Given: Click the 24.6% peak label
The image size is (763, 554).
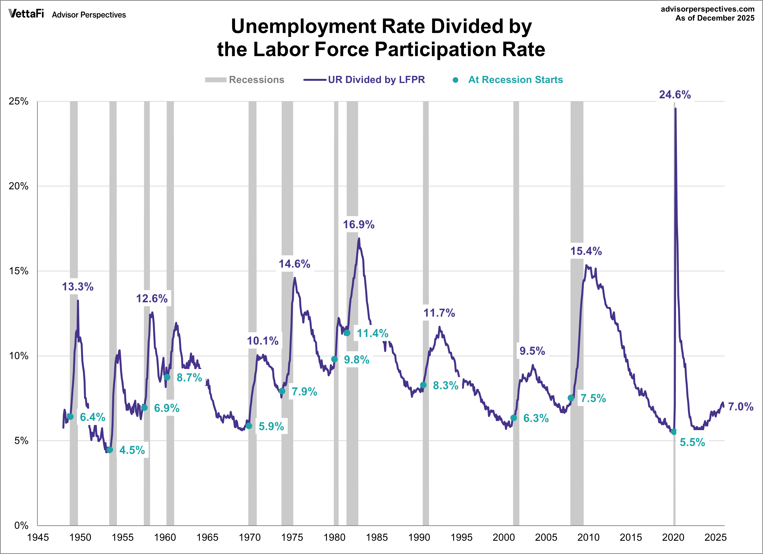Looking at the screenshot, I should click(675, 95).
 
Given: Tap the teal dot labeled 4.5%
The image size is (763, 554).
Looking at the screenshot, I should click(110, 450).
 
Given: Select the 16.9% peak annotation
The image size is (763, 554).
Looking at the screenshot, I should click(358, 225).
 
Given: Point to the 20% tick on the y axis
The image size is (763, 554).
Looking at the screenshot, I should click(19, 186).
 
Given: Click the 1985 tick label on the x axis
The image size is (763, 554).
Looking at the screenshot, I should click(377, 537).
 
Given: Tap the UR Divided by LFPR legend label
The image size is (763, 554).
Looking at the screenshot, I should click(376, 80).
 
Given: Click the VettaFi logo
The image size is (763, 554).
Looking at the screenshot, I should click(26, 14).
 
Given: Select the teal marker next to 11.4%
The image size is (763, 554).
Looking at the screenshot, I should click(347, 333).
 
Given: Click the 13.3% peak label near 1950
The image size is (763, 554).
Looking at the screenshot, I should click(78, 287).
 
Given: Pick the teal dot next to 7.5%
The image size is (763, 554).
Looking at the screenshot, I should click(571, 398).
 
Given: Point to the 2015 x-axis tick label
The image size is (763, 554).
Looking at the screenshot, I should click(631, 537).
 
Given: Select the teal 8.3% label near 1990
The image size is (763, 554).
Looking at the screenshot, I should click(445, 386).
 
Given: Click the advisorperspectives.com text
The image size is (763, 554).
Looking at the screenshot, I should click(707, 9).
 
